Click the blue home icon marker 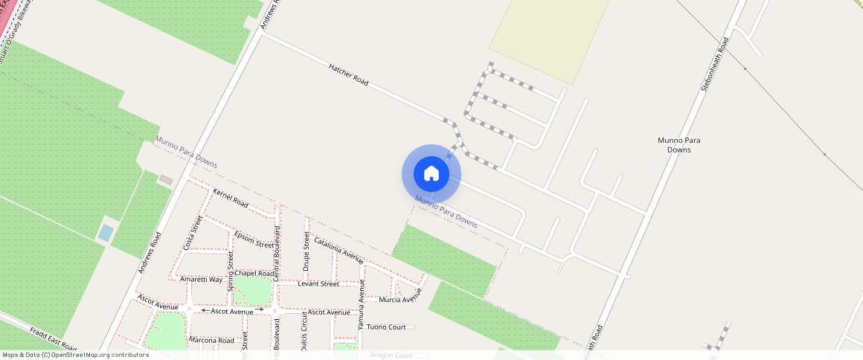click(431, 174)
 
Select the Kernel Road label click(230, 197)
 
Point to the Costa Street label click(193, 233)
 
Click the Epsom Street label click(254, 240)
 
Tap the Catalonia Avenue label click(339, 251)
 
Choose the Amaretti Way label click(201, 279)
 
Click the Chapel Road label click(254, 273)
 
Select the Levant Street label click(318, 283)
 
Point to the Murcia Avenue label click(397, 300)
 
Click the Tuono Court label click(387, 327)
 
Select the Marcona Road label click(212, 341)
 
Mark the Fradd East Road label click(54, 338)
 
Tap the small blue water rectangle click(106, 233)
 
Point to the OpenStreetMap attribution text click(75, 355)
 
